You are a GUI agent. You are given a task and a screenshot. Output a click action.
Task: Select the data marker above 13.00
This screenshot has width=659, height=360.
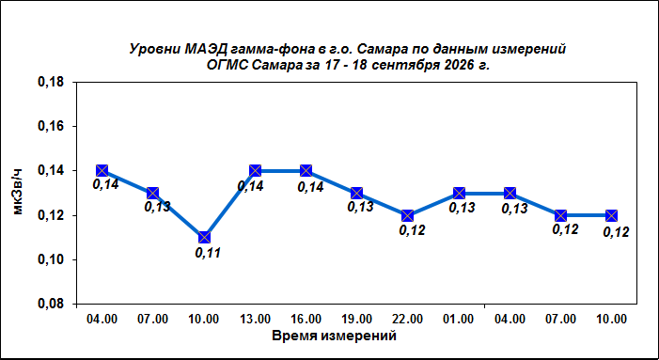tap(255, 170)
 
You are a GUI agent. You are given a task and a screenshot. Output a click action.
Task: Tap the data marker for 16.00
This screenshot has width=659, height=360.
tap(306, 170)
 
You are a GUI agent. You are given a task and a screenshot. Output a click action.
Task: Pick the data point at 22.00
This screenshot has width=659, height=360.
tap(408, 215)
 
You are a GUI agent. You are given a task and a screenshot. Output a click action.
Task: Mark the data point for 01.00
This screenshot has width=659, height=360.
tap(459, 194)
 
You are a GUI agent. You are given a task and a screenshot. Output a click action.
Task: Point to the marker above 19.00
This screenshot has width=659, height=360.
tap(357, 194)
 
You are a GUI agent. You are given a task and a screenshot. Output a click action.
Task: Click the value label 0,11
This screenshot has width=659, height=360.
tap(208, 253)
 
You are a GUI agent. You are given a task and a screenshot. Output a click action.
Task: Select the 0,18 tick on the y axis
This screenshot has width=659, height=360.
tap(52, 83)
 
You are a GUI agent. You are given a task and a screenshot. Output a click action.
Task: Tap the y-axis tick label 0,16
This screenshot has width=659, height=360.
tap(52, 127)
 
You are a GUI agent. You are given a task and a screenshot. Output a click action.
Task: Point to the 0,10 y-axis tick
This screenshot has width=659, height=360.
tap(52, 260)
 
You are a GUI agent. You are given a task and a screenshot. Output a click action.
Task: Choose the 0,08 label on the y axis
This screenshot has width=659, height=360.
tap(52, 305)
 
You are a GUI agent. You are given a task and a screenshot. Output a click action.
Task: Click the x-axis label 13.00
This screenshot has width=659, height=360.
tap(256, 320)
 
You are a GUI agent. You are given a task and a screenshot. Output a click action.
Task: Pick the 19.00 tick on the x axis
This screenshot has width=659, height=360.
tap(357, 320)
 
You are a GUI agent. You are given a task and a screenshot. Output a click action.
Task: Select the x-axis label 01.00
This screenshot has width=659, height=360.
tap(459, 320)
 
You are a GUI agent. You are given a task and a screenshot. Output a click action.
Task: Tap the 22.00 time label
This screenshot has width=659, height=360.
tap(408, 320)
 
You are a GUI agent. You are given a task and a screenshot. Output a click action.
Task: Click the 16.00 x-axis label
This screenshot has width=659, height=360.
tap(306, 320)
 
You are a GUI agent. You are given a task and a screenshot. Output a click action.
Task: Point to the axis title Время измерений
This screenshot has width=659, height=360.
tap(334, 337)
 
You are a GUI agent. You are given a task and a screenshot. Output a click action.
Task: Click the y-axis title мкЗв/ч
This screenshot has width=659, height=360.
tap(18, 192)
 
